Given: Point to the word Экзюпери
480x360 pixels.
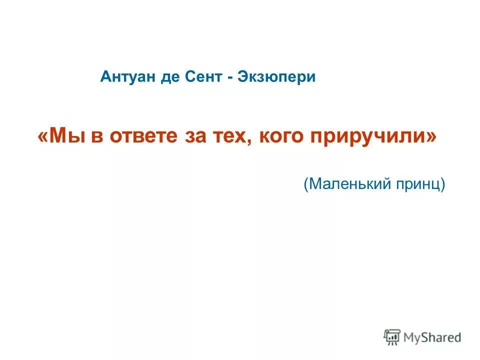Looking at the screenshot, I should click(x=277, y=78).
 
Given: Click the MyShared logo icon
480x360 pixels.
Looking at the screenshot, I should click(x=392, y=337).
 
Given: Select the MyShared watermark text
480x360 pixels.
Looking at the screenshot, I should click(x=432, y=337).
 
